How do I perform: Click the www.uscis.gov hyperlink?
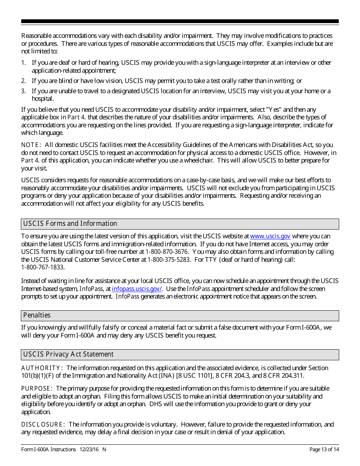[270, 236]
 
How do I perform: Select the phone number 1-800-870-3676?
[167, 252]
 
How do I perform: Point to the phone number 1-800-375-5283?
[168, 260]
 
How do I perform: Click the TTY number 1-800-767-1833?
[42, 267]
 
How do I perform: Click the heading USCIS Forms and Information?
[70, 224]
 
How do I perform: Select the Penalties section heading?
[37, 315]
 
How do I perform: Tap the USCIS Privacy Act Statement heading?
[68, 354]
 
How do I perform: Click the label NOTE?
[31, 145]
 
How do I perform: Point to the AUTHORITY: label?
[42, 368]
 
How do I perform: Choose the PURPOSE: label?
[37, 389]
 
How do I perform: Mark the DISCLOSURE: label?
[43, 424]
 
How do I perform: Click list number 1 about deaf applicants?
[23, 63]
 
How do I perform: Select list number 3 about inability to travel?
[23, 91]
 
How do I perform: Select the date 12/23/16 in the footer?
[89, 450]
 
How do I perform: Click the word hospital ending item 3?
[42, 99]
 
